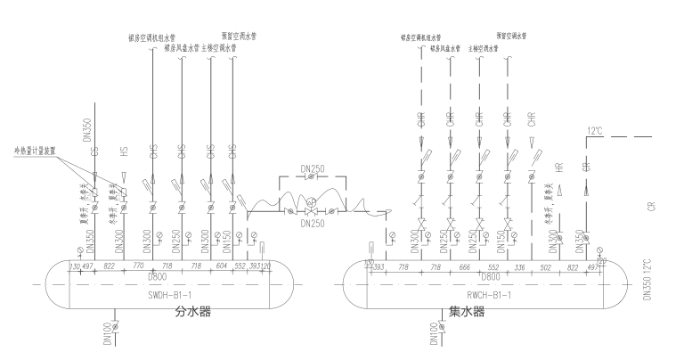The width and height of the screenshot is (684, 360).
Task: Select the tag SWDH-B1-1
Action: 183,293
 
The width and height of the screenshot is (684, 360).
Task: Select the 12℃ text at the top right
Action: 595,131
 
